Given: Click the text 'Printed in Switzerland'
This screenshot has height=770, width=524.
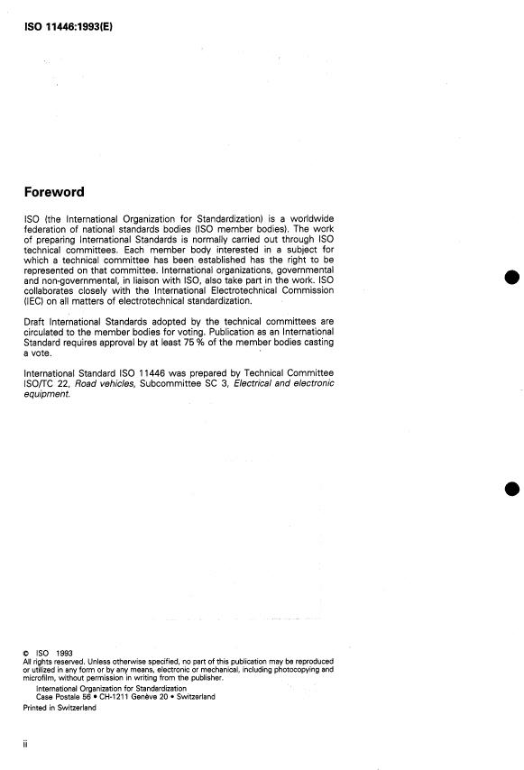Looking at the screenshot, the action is click(60, 708).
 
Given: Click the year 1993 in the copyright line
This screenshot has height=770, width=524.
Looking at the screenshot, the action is click(63, 653).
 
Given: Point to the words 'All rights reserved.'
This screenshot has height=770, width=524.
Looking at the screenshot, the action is click(51, 662).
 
